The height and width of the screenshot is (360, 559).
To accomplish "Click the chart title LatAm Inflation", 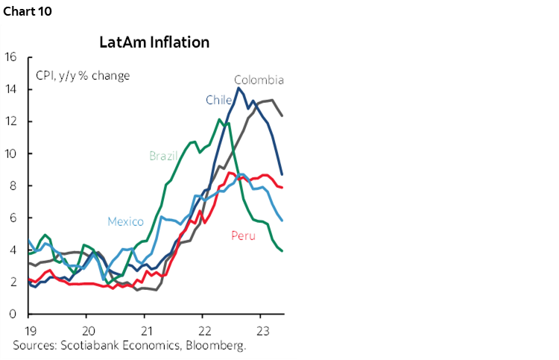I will coord(154,42).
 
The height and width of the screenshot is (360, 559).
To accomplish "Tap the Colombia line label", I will coord(259,80).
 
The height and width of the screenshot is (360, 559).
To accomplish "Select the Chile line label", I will coord(219,99).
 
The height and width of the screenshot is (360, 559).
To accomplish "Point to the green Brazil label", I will coord(163,156).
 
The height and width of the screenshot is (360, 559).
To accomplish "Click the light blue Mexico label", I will coord(125,221).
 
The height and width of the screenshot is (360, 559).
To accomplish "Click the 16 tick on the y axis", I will coord(11,57).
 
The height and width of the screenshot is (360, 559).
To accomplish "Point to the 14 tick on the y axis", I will coord(11,89).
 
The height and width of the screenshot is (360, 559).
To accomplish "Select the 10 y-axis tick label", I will coord(11,154).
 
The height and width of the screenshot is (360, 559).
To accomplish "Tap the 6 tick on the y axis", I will coord(14,218).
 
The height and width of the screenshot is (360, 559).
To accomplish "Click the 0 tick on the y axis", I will coord(14,314).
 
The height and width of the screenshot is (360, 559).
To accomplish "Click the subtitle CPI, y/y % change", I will coord(83,75).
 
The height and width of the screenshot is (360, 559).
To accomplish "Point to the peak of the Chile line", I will coord(239,88).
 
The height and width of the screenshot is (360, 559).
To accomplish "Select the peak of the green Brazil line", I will coord(219,119).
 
